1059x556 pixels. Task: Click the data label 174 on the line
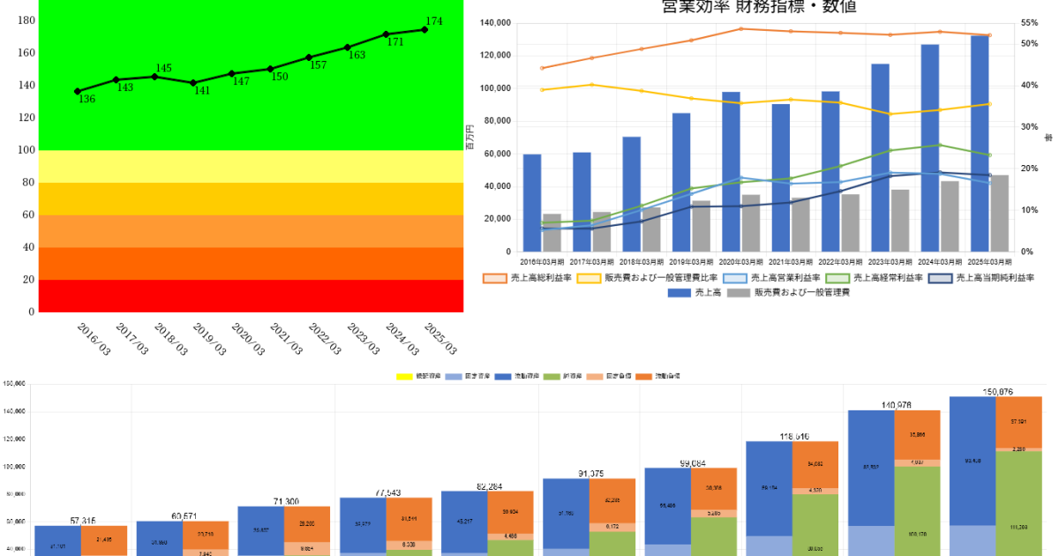pos(433,21)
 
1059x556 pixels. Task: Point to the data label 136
pos(86,100)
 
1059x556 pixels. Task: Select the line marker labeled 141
pos(193,83)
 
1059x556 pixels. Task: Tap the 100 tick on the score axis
pos(26,150)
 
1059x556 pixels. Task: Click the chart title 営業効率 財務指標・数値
pos(759,7)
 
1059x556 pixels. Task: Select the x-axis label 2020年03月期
pos(741,262)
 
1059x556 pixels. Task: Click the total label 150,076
pos(995,391)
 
